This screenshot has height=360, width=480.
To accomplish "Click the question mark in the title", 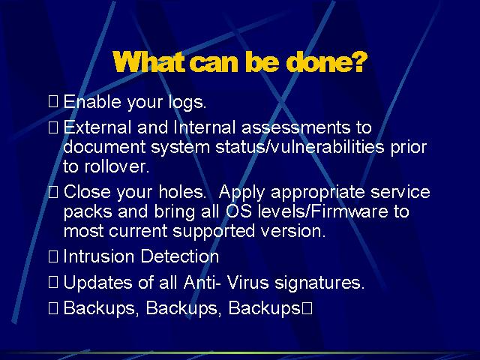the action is (x=358, y=61).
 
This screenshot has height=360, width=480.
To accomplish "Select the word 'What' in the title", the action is (x=149, y=61).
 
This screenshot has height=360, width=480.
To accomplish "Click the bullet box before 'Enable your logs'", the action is (x=53, y=101).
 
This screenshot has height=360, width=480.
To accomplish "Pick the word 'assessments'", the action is (x=295, y=127).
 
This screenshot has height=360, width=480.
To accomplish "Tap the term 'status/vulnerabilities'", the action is (x=300, y=147).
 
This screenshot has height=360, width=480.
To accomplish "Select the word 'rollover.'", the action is (x=117, y=166).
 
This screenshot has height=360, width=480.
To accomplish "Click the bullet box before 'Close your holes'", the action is (x=53, y=192).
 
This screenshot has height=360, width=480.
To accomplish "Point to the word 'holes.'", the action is (x=182, y=192).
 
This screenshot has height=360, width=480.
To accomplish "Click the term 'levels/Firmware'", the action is (x=323, y=211).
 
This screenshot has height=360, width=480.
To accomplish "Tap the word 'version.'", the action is (x=293, y=231).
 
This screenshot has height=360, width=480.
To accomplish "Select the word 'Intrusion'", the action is (x=99, y=256).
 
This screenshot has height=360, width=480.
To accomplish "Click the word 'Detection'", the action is (x=180, y=256).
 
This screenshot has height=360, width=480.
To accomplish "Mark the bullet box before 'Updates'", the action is (x=53, y=282).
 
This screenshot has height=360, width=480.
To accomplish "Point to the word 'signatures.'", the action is (x=319, y=283).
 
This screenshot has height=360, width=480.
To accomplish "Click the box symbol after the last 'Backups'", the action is (x=307, y=308).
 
